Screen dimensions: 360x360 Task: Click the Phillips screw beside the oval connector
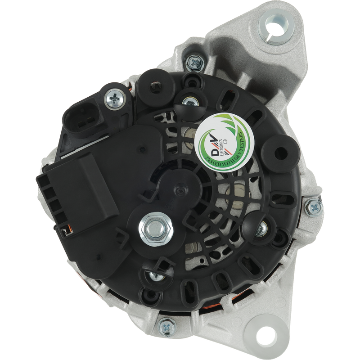(115, 99)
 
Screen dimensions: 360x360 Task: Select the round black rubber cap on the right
(281, 154)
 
